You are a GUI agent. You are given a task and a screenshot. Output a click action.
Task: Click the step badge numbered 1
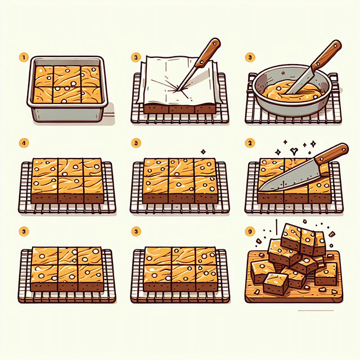(x=24, y=57)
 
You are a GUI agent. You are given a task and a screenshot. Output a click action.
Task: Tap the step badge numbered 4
(x=24, y=143)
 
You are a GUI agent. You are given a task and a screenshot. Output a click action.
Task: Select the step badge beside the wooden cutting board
(x=249, y=231)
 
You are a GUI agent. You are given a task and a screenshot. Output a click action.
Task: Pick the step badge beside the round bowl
(x=249, y=57)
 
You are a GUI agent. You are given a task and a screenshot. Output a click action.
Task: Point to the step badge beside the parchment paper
(x=136, y=57)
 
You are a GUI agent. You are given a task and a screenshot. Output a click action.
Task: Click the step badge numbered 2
(x=249, y=143)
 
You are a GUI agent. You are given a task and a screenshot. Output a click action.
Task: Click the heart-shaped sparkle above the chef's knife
(x=294, y=150)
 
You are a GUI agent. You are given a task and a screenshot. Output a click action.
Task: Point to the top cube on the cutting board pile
(x=292, y=233)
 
